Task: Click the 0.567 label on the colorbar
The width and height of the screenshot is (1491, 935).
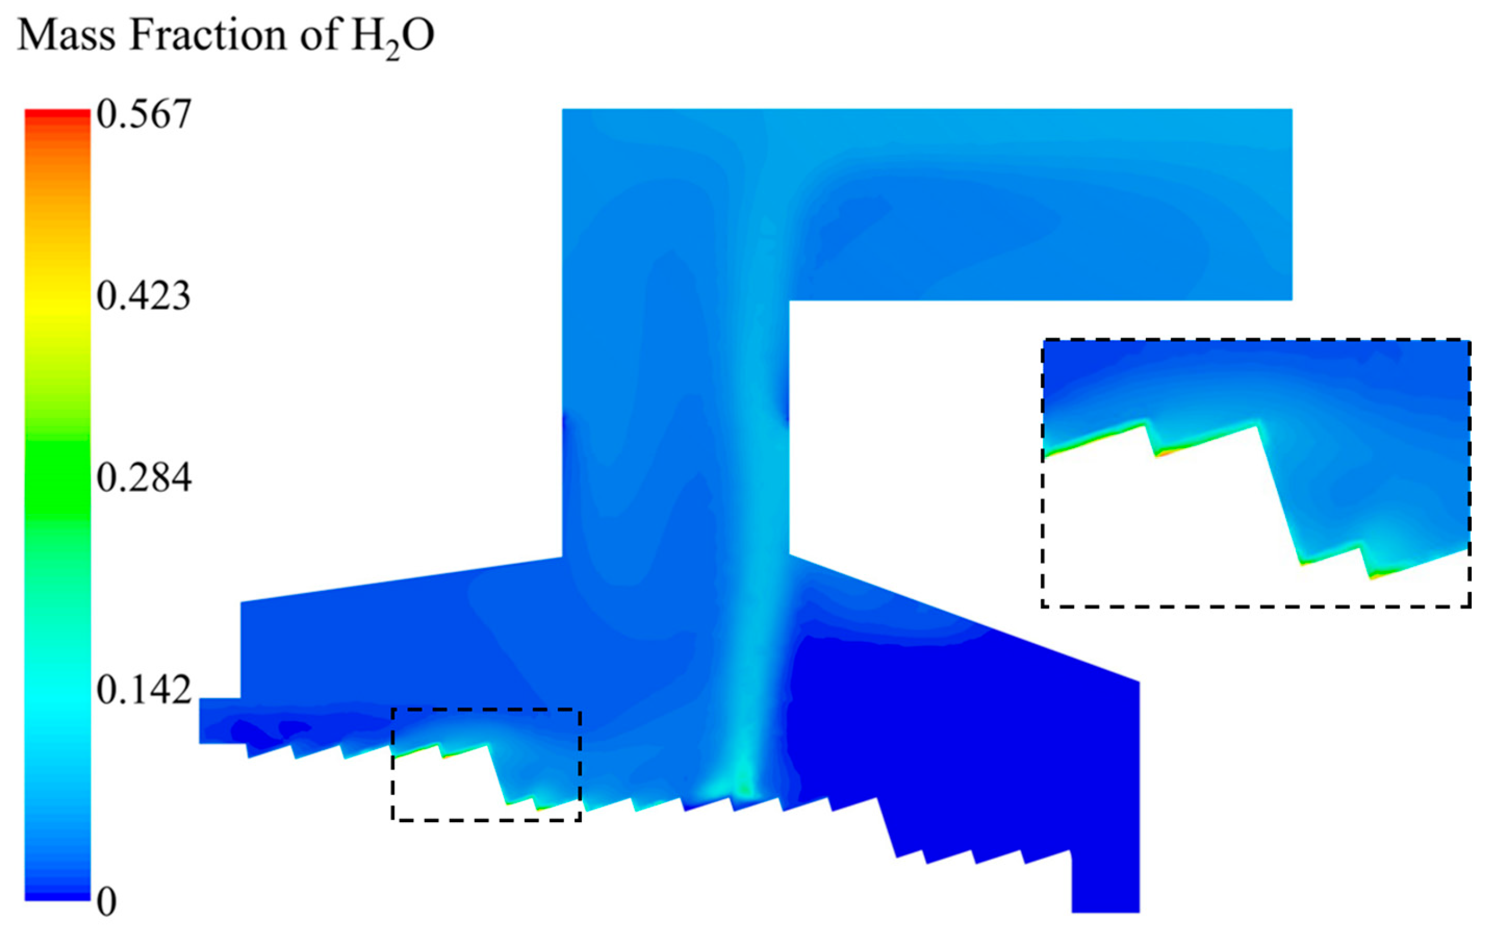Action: click(144, 115)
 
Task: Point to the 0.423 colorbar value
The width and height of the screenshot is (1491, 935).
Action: click(143, 296)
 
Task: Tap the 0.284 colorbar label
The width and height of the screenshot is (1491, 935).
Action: click(144, 478)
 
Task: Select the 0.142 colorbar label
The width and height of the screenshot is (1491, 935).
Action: click(144, 690)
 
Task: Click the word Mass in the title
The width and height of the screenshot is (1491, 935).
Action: click(67, 36)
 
